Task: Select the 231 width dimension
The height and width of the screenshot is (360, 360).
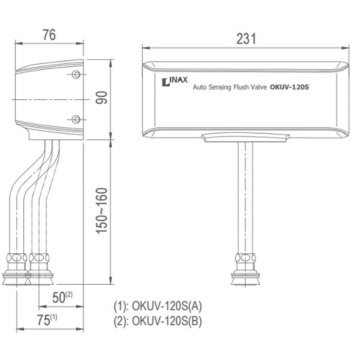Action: [x=246, y=39]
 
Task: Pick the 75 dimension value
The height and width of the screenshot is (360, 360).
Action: [x=45, y=320]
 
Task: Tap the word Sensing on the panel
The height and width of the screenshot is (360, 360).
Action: [x=220, y=87]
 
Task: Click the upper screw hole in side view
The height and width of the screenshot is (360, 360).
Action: [x=76, y=75]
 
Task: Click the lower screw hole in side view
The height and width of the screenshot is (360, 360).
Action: [x=76, y=119]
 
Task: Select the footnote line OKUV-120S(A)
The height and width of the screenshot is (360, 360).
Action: [x=158, y=306]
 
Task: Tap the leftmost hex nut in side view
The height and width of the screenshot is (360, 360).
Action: [x=16, y=258]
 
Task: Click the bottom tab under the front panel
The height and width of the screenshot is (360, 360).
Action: [x=246, y=137]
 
